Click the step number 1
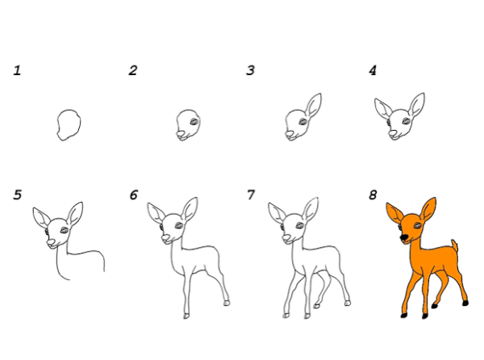click(x=17, y=70)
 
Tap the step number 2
click(x=133, y=70)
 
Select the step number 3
click(x=250, y=70)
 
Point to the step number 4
click(x=373, y=70)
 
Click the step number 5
click(x=18, y=195)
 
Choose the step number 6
click(x=133, y=195)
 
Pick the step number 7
click(x=251, y=195)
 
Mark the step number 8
click(x=373, y=195)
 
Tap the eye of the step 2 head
click(x=194, y=121)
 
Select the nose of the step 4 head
click(x=393, y=133)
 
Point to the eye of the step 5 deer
click(x=65, y=230)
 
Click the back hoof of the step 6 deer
click(x=227, y=303)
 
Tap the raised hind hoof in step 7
click(x=317, y=306)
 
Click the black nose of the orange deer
click(x=403, y=237)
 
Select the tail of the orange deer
click(x=454, y=245)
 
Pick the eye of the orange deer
click(x=417, y=225)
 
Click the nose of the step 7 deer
click(x=286, y=238)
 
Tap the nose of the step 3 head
click(x=290, y=134)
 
